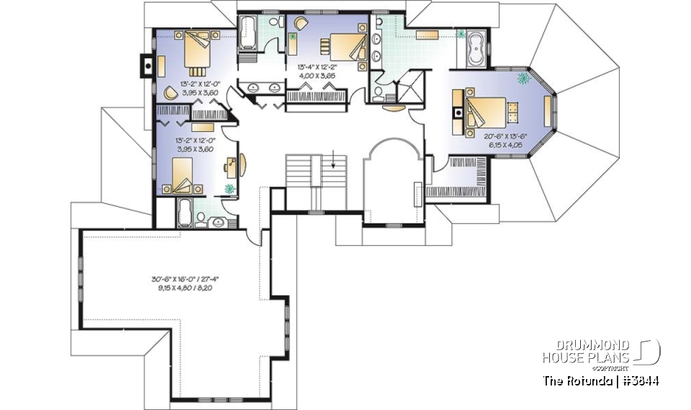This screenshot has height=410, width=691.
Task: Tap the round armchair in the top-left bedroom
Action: coord(170,93)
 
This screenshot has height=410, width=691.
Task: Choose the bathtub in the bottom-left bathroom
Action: coord(184,214)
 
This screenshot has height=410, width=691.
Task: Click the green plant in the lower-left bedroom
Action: coord(230,188)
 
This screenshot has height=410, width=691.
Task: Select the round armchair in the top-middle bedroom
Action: coord(299,23)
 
